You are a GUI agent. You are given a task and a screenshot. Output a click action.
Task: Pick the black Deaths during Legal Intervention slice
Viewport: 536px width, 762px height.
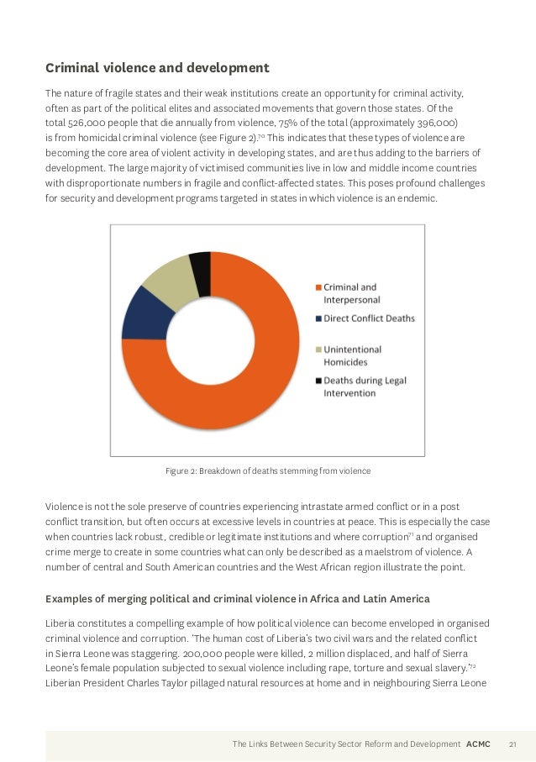coord(200,262)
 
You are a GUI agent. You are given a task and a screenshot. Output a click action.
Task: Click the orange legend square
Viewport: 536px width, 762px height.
coord(318,287)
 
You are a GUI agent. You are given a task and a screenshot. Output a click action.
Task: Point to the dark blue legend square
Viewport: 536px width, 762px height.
coord(318,318)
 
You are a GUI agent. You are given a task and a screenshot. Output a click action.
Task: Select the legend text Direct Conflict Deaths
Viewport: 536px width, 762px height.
coord(369,318)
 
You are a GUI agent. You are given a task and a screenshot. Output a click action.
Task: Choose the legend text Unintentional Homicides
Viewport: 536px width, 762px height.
coord(353,355)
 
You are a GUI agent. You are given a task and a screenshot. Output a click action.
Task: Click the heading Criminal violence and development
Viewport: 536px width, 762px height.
coord(157,67)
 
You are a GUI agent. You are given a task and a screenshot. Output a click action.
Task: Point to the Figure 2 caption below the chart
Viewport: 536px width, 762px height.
coord(268,470)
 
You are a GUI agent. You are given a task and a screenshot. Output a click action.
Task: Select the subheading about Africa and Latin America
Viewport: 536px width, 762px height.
coord(237,598)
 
